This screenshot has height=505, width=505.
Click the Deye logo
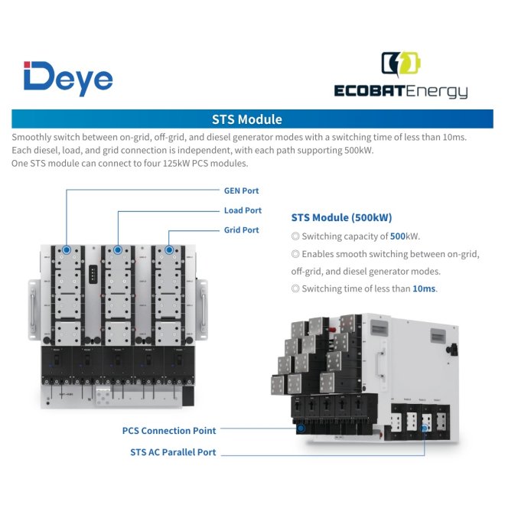pos(68,78)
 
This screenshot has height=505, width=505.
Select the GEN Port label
pos(240,191)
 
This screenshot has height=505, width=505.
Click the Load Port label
pos(243,210)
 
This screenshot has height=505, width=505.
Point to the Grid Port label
pos(241,230)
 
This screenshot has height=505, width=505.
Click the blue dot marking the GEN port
pos(67,249)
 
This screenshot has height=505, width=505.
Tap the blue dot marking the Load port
pos(118,249)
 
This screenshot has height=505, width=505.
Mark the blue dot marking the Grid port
pos(169,249)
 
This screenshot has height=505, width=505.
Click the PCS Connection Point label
pos(168,431)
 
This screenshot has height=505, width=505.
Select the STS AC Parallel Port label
pos(173,452)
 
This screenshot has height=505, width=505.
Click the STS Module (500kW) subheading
pos(342,217)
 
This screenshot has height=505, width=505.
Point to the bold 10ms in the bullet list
pos(423,288)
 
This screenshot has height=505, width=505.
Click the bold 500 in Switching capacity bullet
pos(398,236)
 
